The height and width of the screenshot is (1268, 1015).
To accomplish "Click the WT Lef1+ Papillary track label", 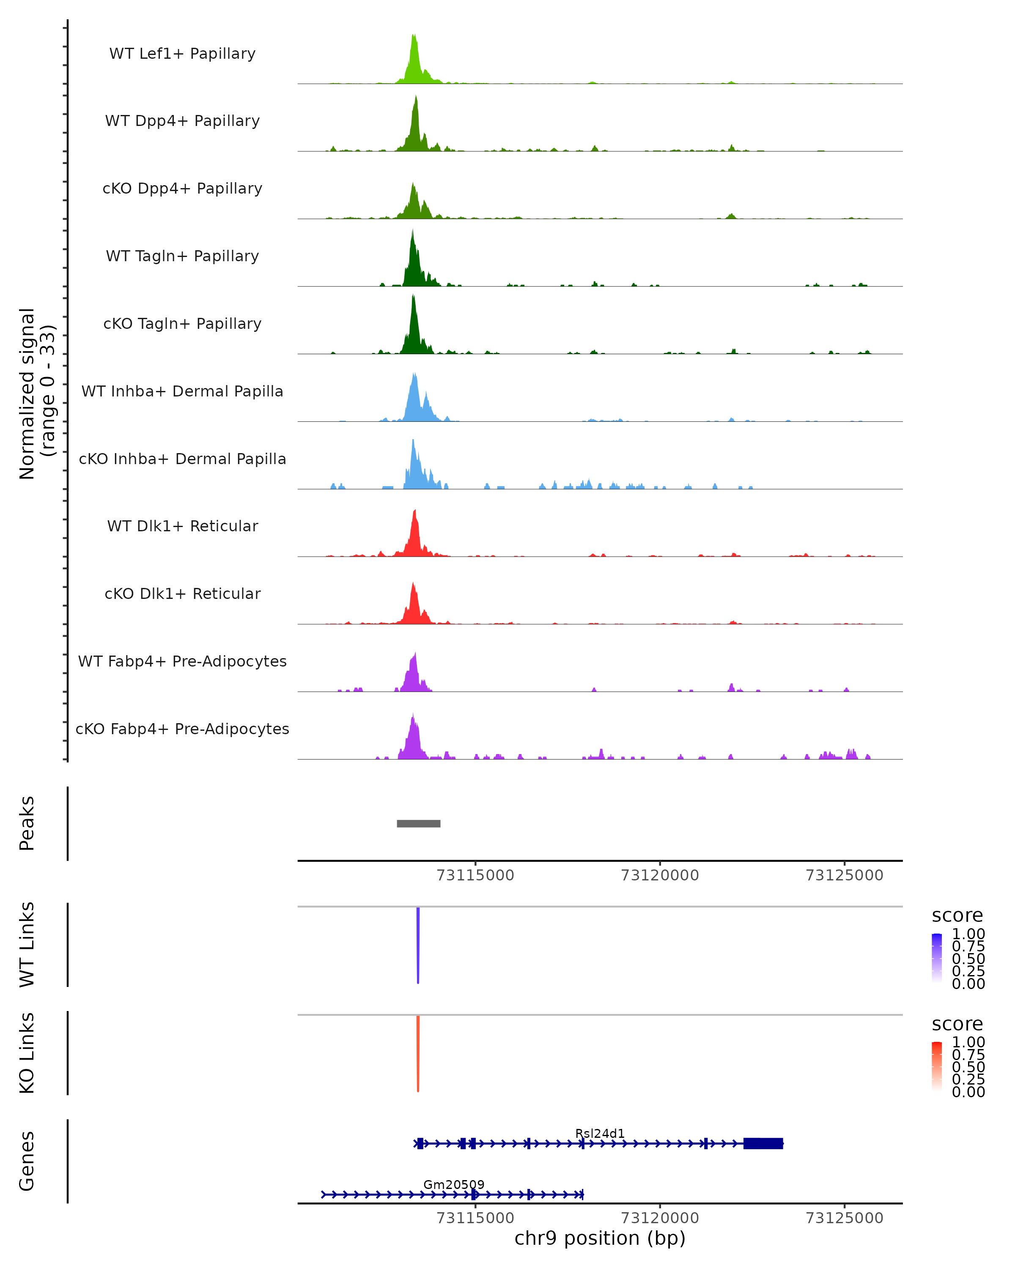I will point(182,54).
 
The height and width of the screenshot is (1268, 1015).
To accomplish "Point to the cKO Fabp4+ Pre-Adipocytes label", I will point(182,729).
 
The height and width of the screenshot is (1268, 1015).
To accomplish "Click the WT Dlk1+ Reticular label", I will point(182,526).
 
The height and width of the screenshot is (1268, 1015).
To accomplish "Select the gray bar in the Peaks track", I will point(418,823).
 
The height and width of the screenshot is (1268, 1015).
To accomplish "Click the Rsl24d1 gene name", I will point(600,1133).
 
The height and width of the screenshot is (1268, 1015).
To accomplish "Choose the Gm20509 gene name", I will point(454,1184).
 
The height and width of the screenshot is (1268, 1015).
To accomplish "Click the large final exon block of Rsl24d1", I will point(763,1143).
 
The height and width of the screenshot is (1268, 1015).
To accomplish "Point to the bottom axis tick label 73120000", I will point(660,1218).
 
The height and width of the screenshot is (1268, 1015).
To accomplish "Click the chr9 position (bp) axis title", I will point(600,1238).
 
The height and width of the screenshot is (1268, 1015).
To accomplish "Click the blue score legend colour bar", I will point(937,958).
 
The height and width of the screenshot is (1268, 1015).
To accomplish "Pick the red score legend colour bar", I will point(937,1066).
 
